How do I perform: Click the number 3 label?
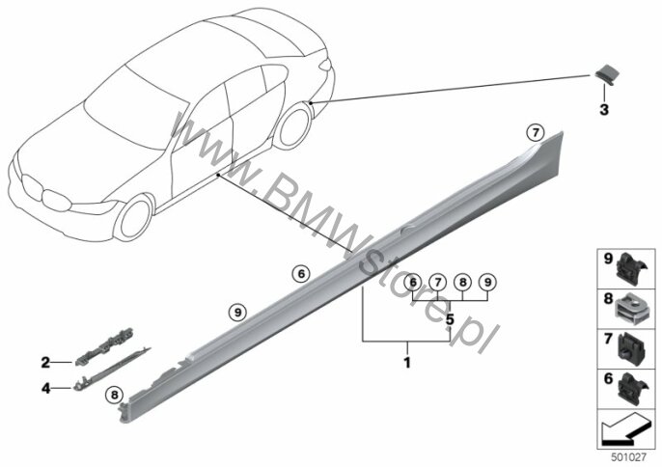604,110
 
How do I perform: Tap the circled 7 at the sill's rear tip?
535,133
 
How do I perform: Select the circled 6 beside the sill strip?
301,274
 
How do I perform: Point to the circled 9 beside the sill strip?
237,313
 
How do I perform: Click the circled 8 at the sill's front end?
113,396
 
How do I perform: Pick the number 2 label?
45,362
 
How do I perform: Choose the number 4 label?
45,388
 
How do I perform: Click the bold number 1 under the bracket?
407,362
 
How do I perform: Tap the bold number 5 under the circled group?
450,319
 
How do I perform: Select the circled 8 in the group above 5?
463,282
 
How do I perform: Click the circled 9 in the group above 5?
487,282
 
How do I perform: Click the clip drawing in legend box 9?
631,268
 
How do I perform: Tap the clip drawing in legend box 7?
632,348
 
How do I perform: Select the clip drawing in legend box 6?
632,388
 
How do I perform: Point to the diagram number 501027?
629,456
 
